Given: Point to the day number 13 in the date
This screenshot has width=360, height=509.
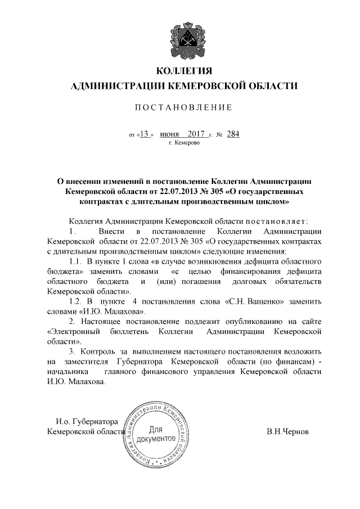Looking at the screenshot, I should (x=145, y=134).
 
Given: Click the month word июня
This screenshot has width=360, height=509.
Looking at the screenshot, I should (x=169, y=134).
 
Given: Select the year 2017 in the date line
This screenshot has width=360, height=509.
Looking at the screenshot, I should (x=197, y=134).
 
